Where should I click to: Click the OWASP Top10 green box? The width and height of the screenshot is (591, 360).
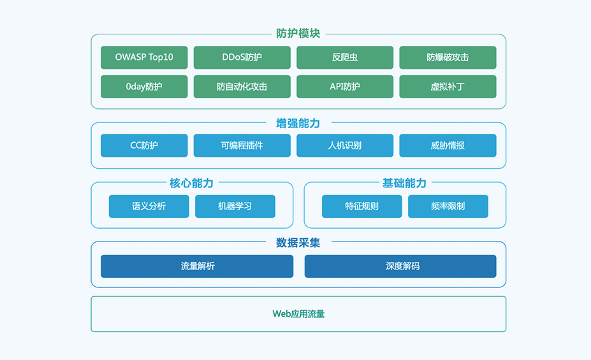(144, 57)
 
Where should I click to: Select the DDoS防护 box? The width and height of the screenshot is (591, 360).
(242, 57)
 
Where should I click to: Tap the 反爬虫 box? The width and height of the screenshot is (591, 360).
(345, 57)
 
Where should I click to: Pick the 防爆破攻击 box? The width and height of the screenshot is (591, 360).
(448, 57)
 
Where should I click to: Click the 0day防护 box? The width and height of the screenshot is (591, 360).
(144, 87)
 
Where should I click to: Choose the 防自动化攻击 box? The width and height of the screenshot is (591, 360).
(242, 87)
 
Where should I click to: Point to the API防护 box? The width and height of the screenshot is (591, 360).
(345, 87)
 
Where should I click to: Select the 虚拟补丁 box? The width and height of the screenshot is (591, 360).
(448, 87)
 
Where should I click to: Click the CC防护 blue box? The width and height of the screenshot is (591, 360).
(144, 145)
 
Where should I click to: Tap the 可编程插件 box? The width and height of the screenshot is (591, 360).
(242, 145)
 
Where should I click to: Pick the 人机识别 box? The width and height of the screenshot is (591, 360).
(345, 145)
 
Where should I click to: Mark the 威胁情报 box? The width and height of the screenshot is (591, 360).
(448, 145)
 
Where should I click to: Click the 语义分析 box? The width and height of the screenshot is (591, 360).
(149, 206)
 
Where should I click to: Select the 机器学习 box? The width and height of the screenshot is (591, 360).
(235, 206)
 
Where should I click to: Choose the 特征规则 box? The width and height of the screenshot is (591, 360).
(361, 206)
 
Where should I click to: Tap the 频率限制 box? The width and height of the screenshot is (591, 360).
(448, 206)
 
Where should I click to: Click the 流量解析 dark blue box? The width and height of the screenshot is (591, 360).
(197, 266)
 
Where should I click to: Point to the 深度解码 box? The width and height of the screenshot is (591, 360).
(400, 266)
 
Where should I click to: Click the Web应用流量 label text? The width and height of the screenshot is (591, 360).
(298, 314)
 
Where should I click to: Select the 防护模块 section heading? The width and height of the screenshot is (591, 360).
(298, 33)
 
